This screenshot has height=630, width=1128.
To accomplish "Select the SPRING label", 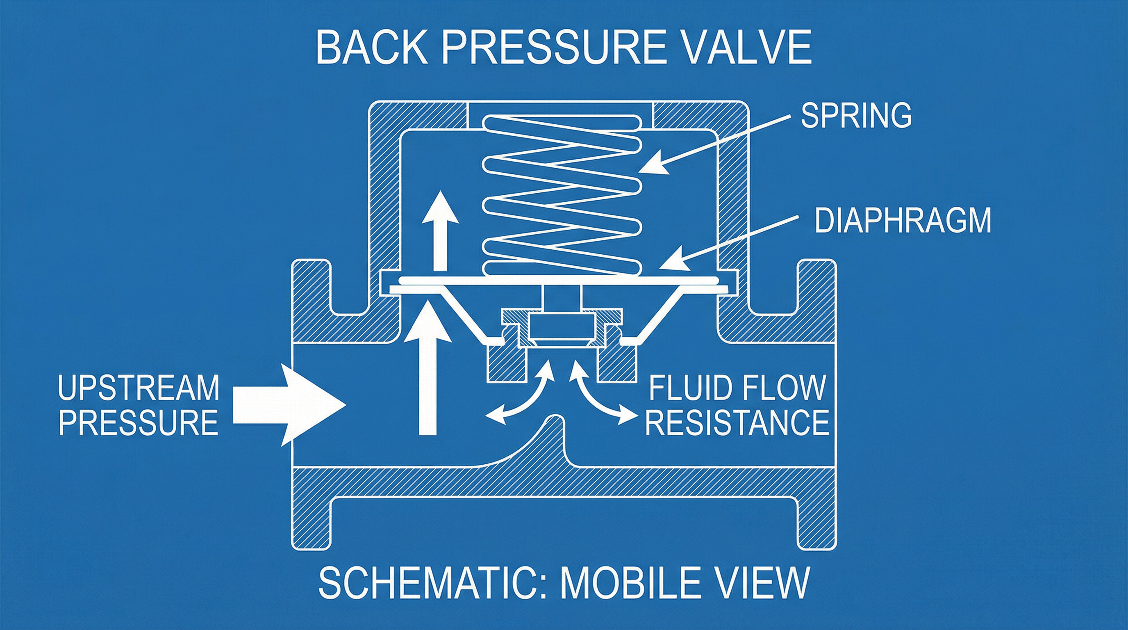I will (x=856, y=115).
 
